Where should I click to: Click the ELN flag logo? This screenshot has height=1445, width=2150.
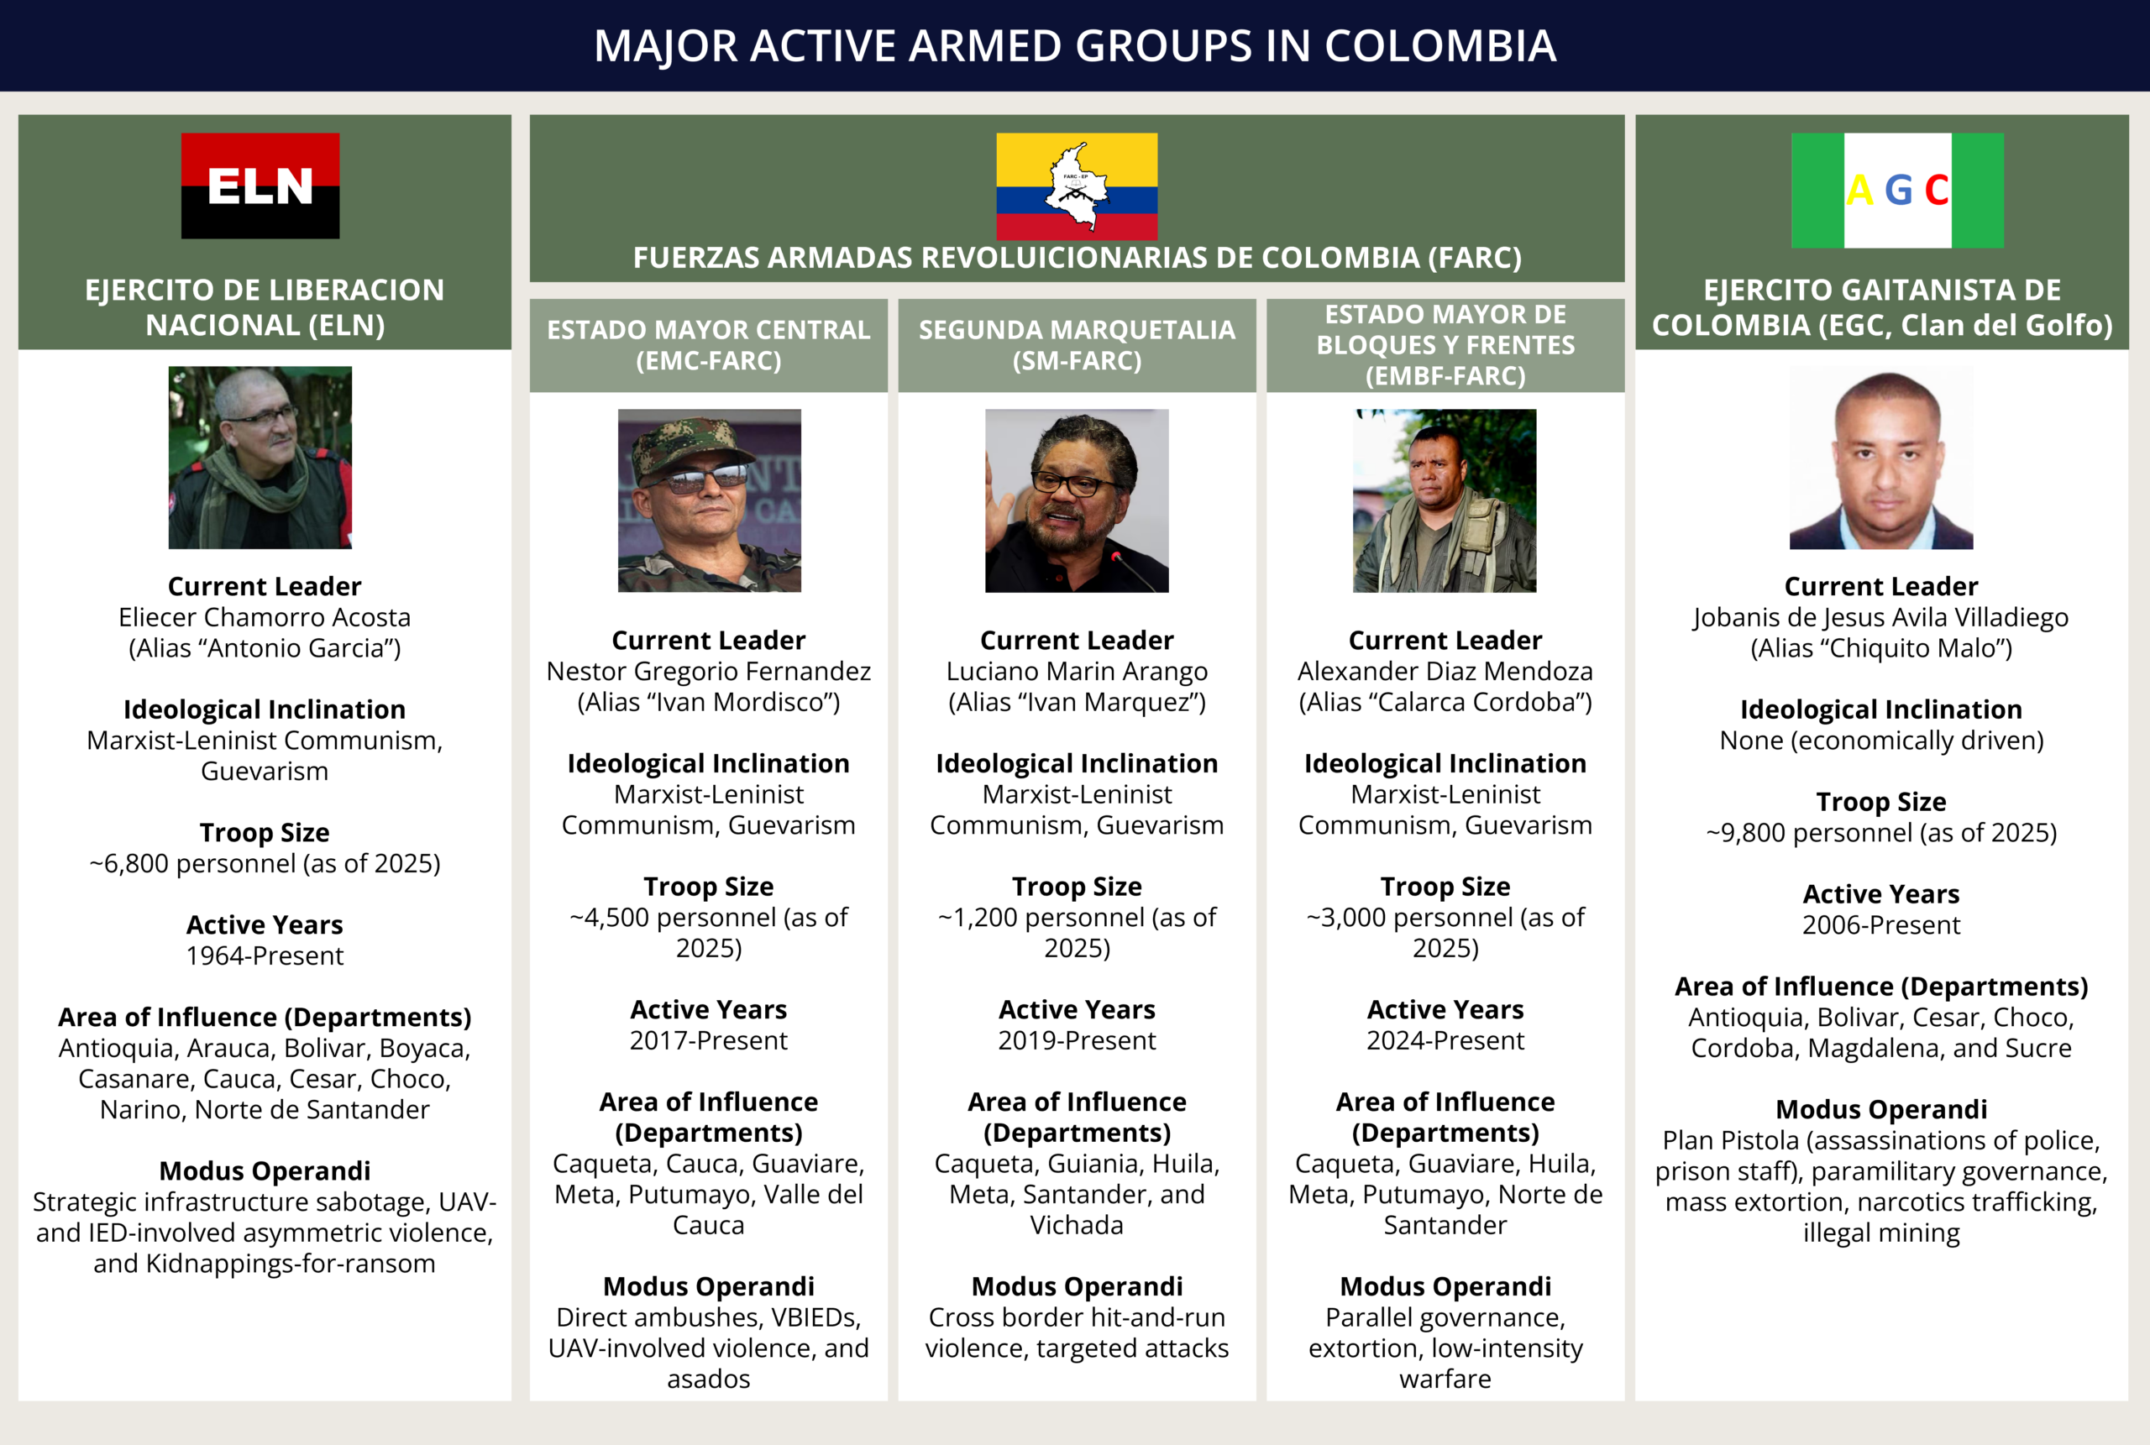click(260, 186)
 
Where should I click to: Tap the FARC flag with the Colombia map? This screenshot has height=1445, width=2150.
click(1077, 186)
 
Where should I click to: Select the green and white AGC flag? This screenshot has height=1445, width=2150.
click(1896, 190)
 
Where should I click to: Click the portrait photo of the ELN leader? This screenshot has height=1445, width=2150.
click(260, 457)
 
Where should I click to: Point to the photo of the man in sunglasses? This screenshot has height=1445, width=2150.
click(709, 500)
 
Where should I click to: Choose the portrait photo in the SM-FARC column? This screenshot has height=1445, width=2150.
click(1077, 500)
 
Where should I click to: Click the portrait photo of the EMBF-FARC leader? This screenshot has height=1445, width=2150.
click(1444, 500)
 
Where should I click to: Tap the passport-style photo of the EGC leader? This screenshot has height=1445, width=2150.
click(1881, 457)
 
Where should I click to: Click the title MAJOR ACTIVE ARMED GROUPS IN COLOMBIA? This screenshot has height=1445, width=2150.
click(1074, 46)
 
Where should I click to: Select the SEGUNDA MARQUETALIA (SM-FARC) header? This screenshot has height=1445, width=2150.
click(1077, 344)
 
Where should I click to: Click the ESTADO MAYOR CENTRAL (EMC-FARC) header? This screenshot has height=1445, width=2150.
click(709, 344)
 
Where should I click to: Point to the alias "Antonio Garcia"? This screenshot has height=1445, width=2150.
click(265, 648)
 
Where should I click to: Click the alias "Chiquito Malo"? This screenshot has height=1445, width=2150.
click(1881, 648)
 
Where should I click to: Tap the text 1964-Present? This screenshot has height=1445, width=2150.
click(265, 955)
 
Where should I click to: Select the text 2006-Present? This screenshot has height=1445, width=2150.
click(1881, 924)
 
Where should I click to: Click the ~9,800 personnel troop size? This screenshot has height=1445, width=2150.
click(1881, 832)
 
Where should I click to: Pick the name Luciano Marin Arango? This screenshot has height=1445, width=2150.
click(1077, 671)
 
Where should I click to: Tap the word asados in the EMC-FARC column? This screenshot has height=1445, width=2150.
click(709, 1379)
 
